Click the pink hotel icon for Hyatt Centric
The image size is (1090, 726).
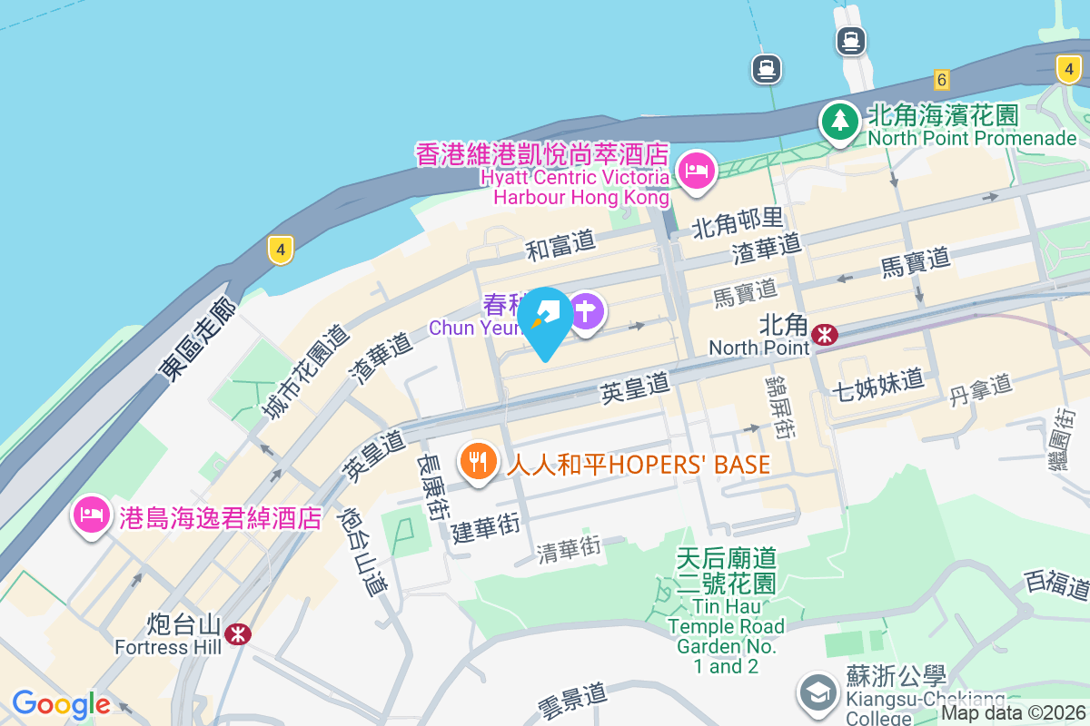[x=697, y=170]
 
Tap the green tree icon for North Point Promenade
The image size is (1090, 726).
[x=840, y=121]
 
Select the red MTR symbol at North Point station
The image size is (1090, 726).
[x=825, y=335]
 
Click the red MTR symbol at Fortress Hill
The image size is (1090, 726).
[x=238, y=633]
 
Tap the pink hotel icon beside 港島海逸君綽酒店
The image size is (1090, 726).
[x=91, y=514]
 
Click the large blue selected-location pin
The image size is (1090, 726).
[x=546, y=318]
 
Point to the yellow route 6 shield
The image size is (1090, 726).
[x=941, y=80]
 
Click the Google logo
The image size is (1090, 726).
[x=61, y=704]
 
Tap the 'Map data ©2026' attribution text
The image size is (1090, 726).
[x=1014, y=712]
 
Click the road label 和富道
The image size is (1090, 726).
[x=560, y=243]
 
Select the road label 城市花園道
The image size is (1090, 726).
[x=305, y=372]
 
